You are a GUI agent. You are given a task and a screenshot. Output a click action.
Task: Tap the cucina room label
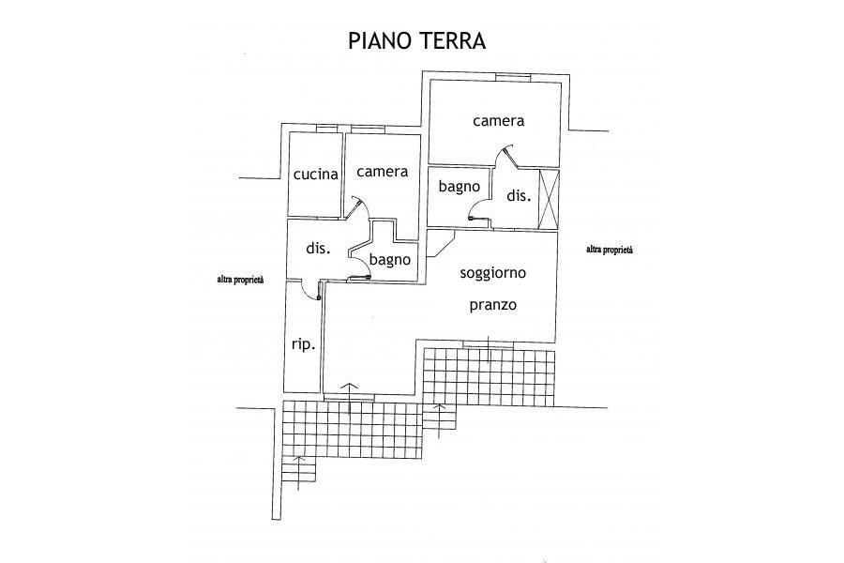pyautogui.click(x=315, y=175)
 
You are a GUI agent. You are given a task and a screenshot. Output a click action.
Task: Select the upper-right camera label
pyautogui.click(x=497, y=121)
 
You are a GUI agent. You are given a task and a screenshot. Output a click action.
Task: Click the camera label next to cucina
pyautogui.click(x=382, y=172)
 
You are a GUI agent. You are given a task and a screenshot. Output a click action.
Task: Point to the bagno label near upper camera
pyautogui.click(x=460, y=187)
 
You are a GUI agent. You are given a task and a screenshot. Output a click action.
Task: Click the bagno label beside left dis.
pyautogui.click(x=389, y=260)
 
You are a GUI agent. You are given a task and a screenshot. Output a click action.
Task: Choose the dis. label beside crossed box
pyautogui.click(x=519, y=196)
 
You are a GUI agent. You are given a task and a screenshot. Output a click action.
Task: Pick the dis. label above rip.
pyautogui.click(x=319, y=249)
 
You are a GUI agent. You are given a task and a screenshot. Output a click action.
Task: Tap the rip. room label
pyautogui.click(x=302, y=344)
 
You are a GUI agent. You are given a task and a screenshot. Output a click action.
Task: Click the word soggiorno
pyautogui.click(x=492, y=273)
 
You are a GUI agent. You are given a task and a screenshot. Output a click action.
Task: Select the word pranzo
pyautogui.click(x=493, y=306)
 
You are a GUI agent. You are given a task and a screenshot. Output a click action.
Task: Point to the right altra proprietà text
pyautogui.click(x=610, y=250)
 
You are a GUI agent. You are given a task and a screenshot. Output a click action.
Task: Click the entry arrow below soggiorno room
pyautogui.click(x=350, y=397)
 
